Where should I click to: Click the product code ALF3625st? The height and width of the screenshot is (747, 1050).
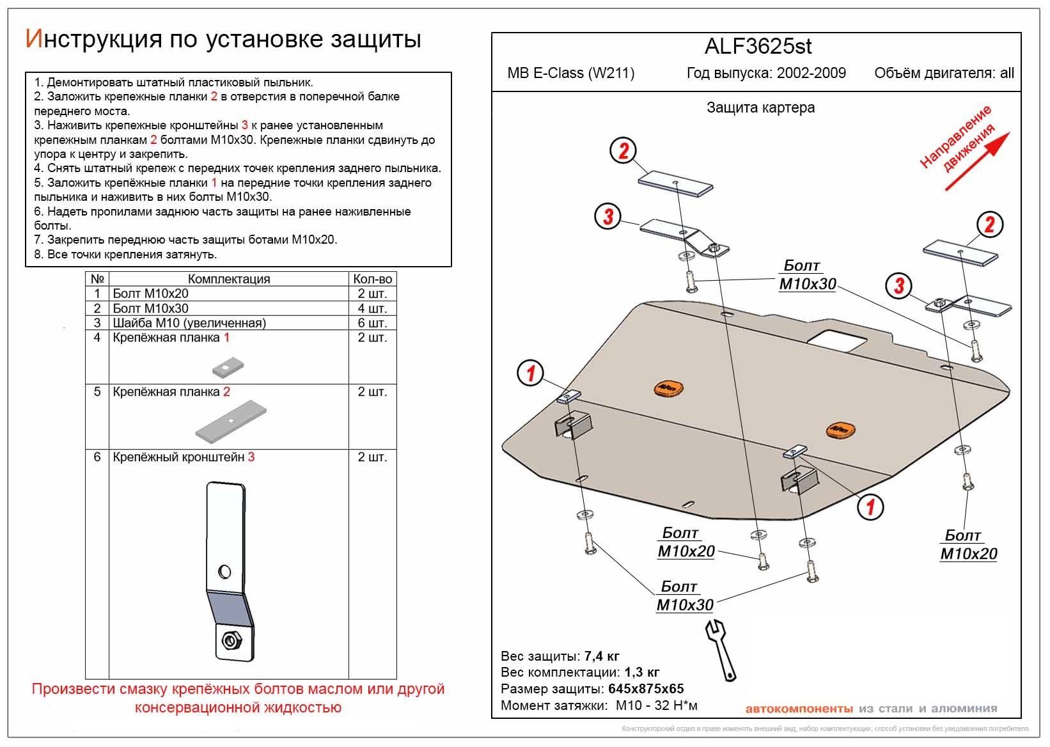pyautogui.click(x=758, y=47)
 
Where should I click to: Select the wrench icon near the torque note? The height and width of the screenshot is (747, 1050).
pyautogui.click(x=721, y=648)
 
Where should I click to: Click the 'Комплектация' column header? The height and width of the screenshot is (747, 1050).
pyautogui.click(x=228, y=279)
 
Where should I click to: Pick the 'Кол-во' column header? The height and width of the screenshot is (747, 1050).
pyautogui.click(x=372, y=279)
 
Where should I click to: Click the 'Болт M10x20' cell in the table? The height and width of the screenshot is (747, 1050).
pyautogui.click(x=151, y=294)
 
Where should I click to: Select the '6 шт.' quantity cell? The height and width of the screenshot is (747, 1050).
pyautogui.click(x=372, y=323)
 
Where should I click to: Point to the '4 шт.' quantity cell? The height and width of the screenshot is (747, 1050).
pyautogui.click(x=372, y=308)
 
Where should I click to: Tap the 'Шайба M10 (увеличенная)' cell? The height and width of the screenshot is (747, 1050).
pyautogui.click(x=189, y=323)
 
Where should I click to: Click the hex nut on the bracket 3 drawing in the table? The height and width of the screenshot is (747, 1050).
pyautogui.click(x=228, y=639)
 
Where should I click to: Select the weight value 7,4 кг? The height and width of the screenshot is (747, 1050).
pyautogui.click(x=601, y=656)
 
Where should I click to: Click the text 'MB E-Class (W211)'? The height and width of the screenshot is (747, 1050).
pyautogui.click(x=571, y=73)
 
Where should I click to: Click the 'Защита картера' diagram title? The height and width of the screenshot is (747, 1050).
pyautogui.click(x=760, y=107)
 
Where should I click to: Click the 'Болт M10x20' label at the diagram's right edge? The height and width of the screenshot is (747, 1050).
pyautogui.click(x=968, y=545)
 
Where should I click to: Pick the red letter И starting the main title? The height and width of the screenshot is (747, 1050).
pyautogui.click(x=33, y=39)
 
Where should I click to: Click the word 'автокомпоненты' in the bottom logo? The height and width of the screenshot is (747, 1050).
pyautogui.click(x=799, y=709)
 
